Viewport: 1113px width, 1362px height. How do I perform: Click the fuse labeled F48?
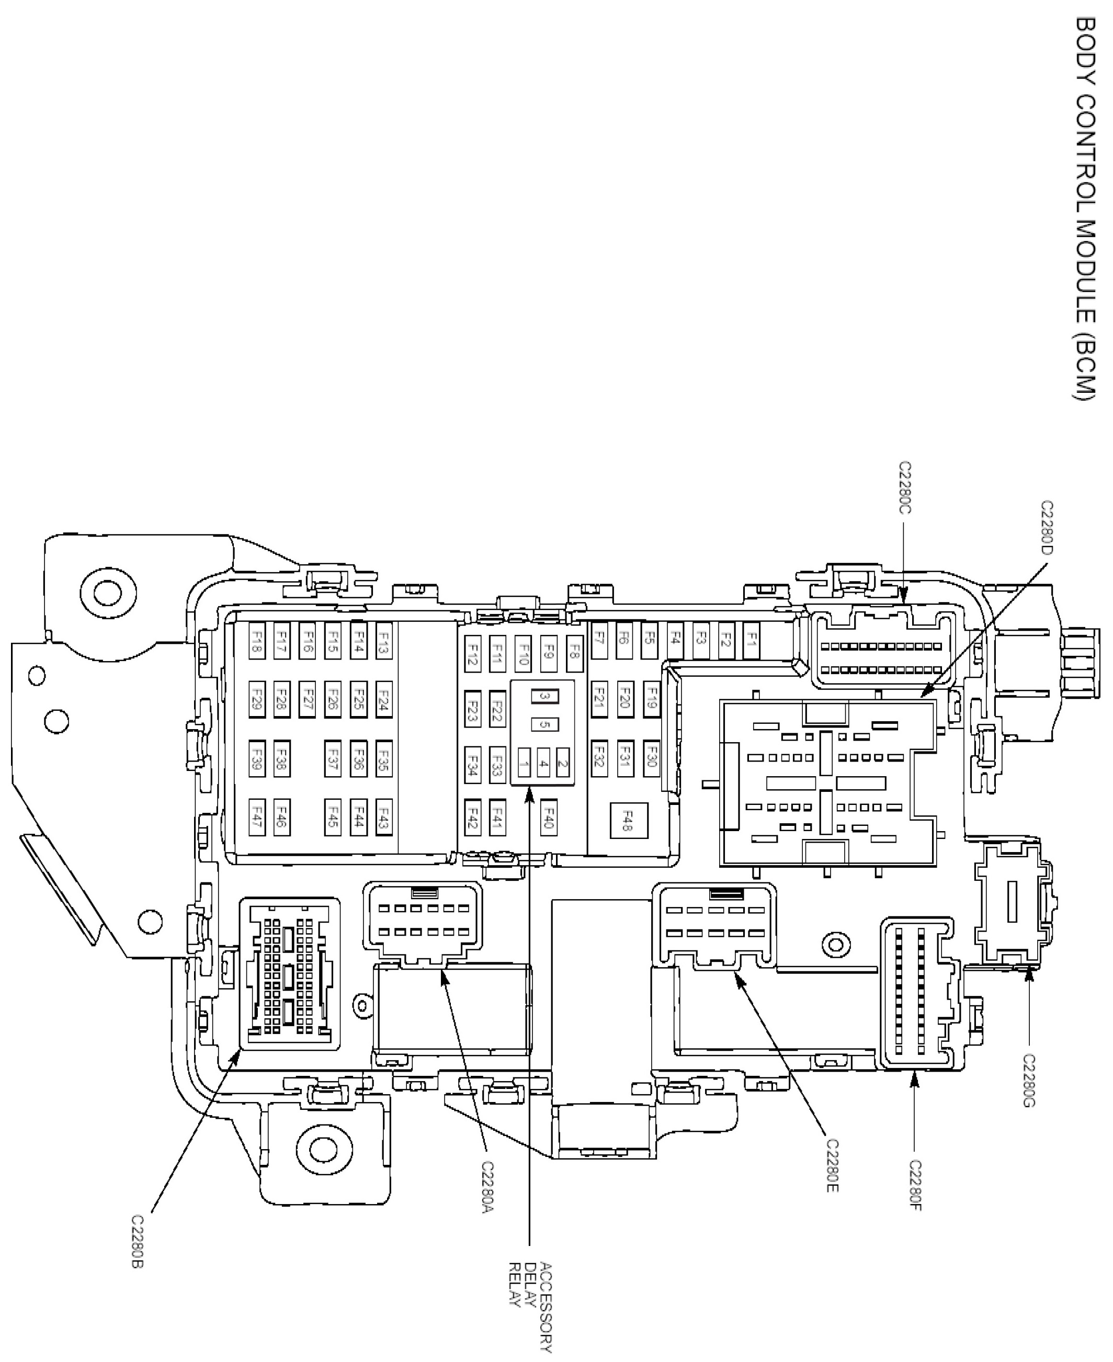click(628, 820)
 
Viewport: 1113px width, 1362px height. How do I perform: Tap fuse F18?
click(256, 640)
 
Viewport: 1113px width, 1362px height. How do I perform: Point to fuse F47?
click(256, 817)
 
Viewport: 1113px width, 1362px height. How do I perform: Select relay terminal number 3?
click(545, 696)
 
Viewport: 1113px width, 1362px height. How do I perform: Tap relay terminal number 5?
click(545, 724)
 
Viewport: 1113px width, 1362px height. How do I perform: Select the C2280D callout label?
click(1047, 527)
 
